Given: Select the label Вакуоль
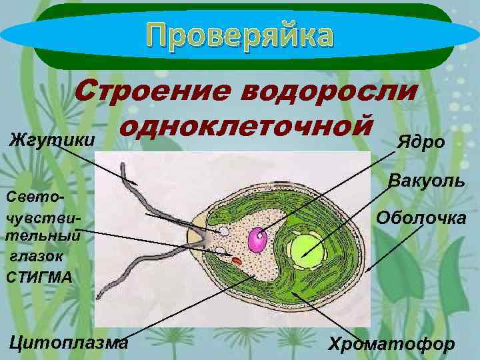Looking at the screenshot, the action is [427, 180].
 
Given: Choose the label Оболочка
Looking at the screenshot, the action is [421, 217].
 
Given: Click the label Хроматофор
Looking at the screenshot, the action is [391, 344].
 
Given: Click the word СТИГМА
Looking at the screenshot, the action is [37, 275].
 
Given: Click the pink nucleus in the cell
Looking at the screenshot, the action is [257, 239].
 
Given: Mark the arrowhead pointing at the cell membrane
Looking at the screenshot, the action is [367, 269].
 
